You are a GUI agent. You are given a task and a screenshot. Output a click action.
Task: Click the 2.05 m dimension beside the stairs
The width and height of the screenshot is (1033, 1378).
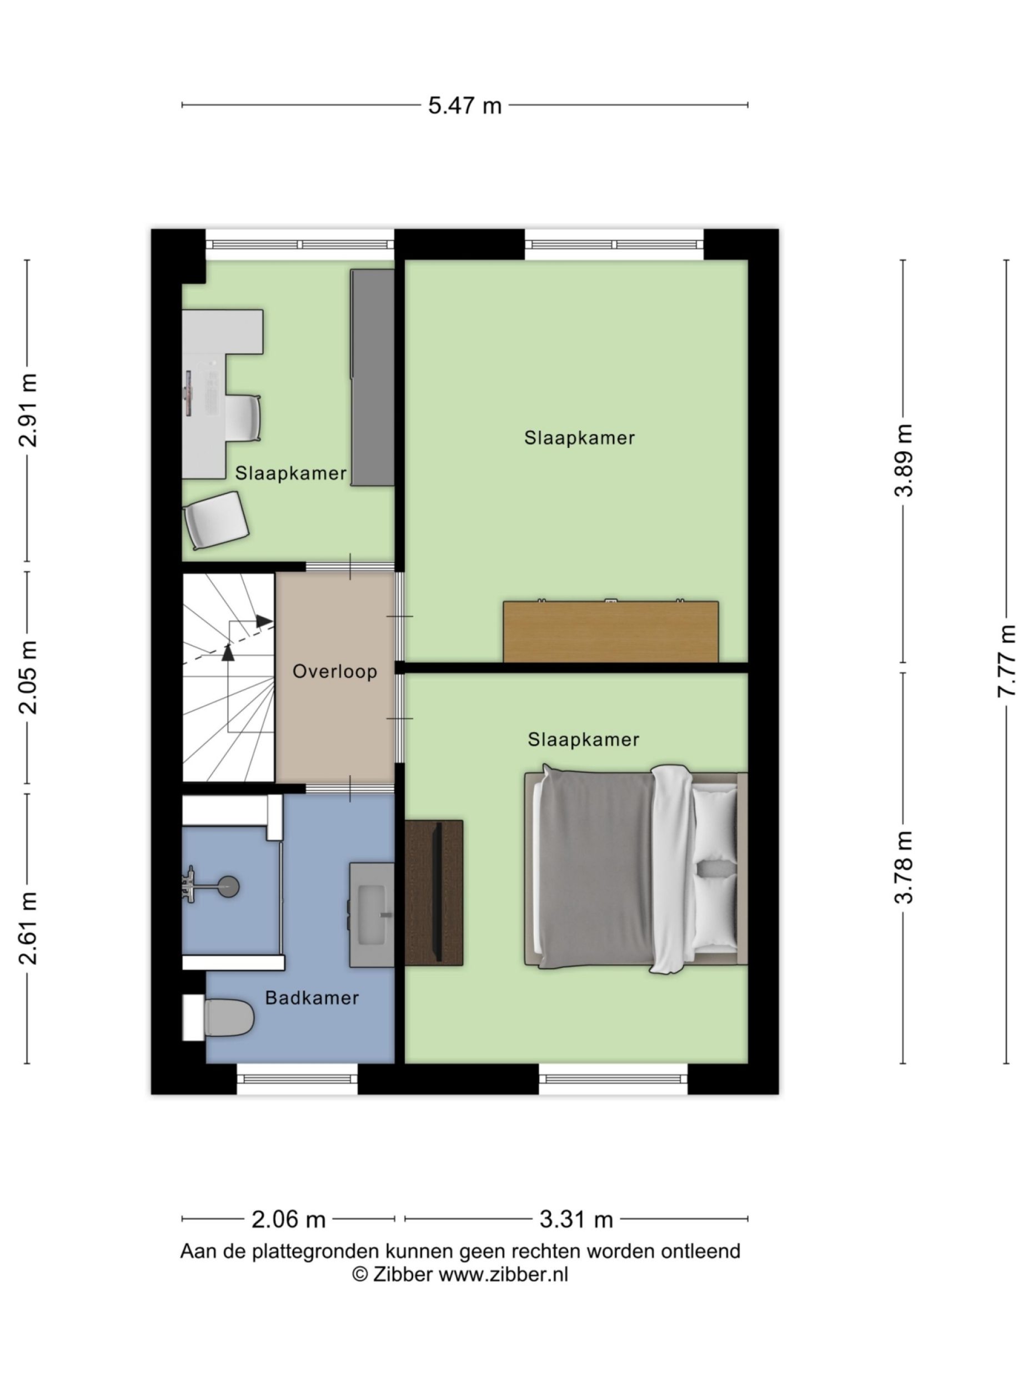click(x=28, y=677)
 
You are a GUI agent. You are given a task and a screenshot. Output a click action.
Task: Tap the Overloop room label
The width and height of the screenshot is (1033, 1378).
click(x=335, y=672)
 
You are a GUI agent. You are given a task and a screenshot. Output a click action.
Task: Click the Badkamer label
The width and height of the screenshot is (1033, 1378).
click(x=312, y=998)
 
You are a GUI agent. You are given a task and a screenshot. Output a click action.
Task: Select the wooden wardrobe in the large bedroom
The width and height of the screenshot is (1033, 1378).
click(x=610, y=631)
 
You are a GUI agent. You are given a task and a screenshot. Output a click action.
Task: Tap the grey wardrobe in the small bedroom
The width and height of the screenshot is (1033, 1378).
click(x=372, y=377)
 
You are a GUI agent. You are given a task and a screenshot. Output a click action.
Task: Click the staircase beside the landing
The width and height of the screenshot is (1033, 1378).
click(x=228, y=677)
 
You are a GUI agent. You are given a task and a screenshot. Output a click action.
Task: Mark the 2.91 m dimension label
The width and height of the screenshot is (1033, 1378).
click(x=28, y=410)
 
